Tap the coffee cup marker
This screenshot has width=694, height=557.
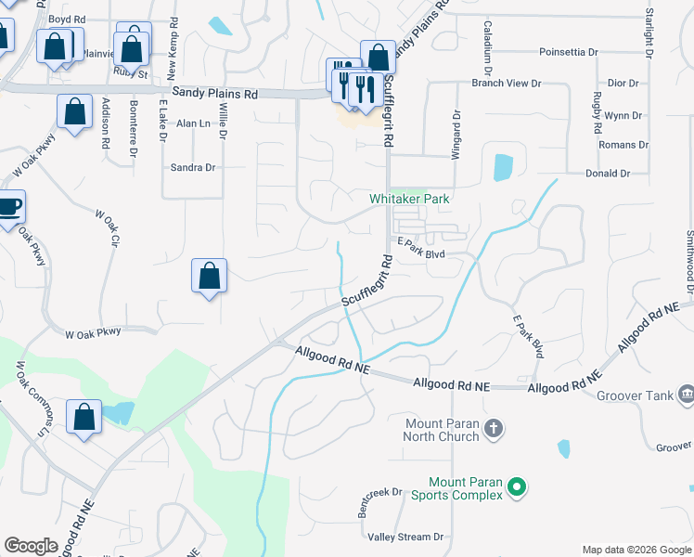9,206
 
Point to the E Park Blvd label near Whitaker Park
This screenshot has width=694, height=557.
422,241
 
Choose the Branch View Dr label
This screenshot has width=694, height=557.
506,84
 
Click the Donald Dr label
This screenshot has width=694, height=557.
607,174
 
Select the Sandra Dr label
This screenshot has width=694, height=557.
193,168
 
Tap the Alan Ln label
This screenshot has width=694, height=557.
193,123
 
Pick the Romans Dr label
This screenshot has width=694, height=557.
623,145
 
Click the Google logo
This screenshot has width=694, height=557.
31,546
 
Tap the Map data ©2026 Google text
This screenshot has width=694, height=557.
636,550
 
